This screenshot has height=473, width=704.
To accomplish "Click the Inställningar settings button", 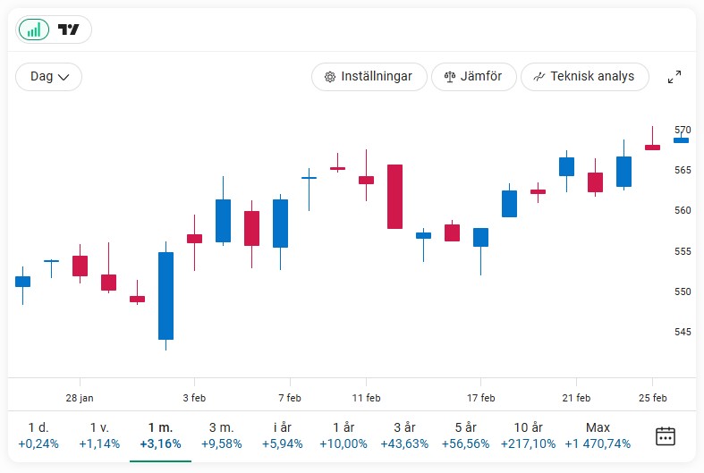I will click(369, 77).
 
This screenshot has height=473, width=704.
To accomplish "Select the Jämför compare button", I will click(473, 77).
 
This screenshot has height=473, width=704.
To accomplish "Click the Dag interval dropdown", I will click(49, 77).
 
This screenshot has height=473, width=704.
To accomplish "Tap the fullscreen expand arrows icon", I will click(674, 78).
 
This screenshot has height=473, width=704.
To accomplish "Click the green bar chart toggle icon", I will click(34, 30).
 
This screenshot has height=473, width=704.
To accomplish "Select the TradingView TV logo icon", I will click(69, 30).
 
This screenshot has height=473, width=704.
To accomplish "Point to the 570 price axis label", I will click(683, 130).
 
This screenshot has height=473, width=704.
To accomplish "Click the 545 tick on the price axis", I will click(683, 332).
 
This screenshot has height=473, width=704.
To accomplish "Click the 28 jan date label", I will click(80, 398).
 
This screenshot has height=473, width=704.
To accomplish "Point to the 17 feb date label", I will click(481, 398).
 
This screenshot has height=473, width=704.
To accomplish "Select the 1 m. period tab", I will click(161, 435).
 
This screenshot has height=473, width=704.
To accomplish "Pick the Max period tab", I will click(598, 435).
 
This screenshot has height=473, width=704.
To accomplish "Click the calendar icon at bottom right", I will click(666, 436).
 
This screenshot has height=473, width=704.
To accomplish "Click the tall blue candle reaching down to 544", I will click(165, 295).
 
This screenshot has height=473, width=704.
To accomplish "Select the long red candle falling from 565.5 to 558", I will click(394, 197).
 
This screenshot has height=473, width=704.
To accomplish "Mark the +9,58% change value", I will click(221, 443).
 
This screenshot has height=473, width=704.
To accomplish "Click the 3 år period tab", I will click(403, 435).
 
